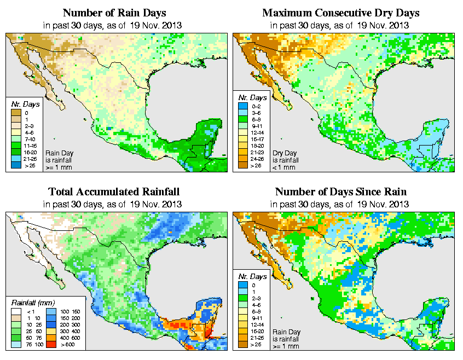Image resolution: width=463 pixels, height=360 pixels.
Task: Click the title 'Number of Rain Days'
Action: pos(114,13)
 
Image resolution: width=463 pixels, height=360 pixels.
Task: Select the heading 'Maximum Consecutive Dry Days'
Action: pos(341,13)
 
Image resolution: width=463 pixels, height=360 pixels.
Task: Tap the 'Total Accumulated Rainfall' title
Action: pos(114,191)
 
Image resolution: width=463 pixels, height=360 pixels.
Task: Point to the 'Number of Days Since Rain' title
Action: pos(341,191)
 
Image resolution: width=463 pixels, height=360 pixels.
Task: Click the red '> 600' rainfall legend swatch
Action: pos(50,345)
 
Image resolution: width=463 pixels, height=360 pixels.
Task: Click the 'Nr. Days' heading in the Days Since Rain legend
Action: pos(254,276)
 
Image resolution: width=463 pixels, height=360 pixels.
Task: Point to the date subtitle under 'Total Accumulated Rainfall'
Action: pos(114,204)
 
